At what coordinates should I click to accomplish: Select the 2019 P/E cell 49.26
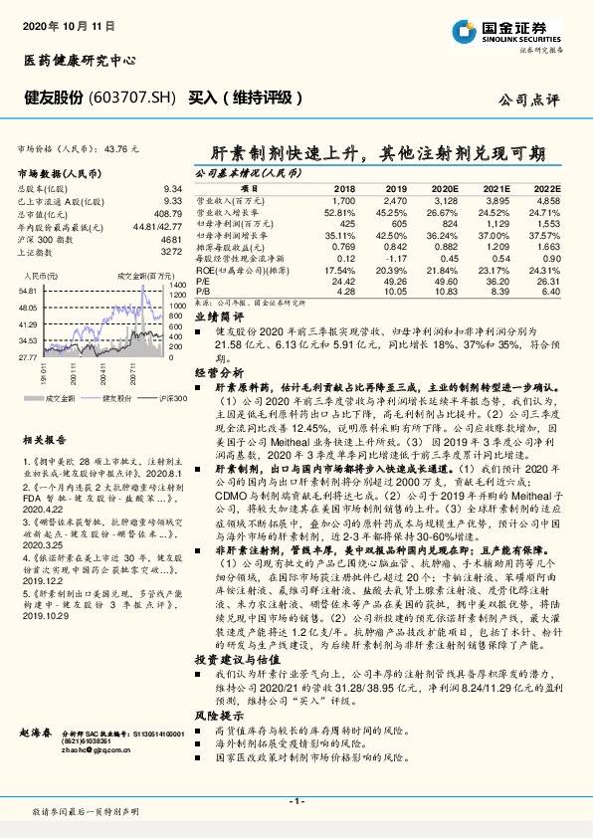pos(396,281)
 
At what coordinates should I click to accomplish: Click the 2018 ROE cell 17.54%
pos(340,271)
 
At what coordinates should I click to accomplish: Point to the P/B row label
pos(203,292)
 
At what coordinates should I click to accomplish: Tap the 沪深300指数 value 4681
pos(171,240)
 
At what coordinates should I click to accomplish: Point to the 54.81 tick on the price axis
pos(27,290)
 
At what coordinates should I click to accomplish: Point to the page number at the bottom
pos(296,801)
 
